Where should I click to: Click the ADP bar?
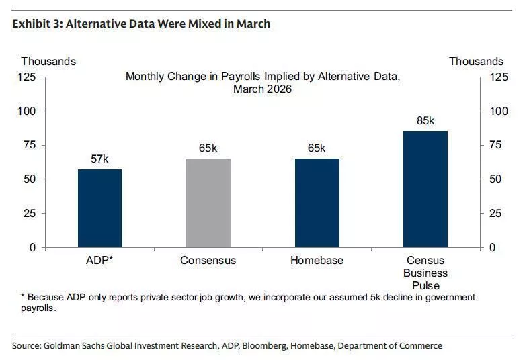[100, 208]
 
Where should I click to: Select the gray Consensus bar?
[208, 203]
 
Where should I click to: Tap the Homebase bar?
[317, 203]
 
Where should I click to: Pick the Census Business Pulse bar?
[425, 189]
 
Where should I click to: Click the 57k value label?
[100, 159]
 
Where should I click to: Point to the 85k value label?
[425, 121]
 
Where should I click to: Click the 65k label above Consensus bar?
[208, 148]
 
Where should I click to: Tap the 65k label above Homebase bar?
[317, 148]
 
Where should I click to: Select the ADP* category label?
[100, 260]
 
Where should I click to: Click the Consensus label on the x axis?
[208, 260]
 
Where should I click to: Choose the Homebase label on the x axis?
[317, 260]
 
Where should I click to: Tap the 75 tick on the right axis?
[497, 145]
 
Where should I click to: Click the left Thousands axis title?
[48, 62]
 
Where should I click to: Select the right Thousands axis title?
[476, 62]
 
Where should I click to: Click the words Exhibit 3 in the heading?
[34, 24]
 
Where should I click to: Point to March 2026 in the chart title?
[263, 89]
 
